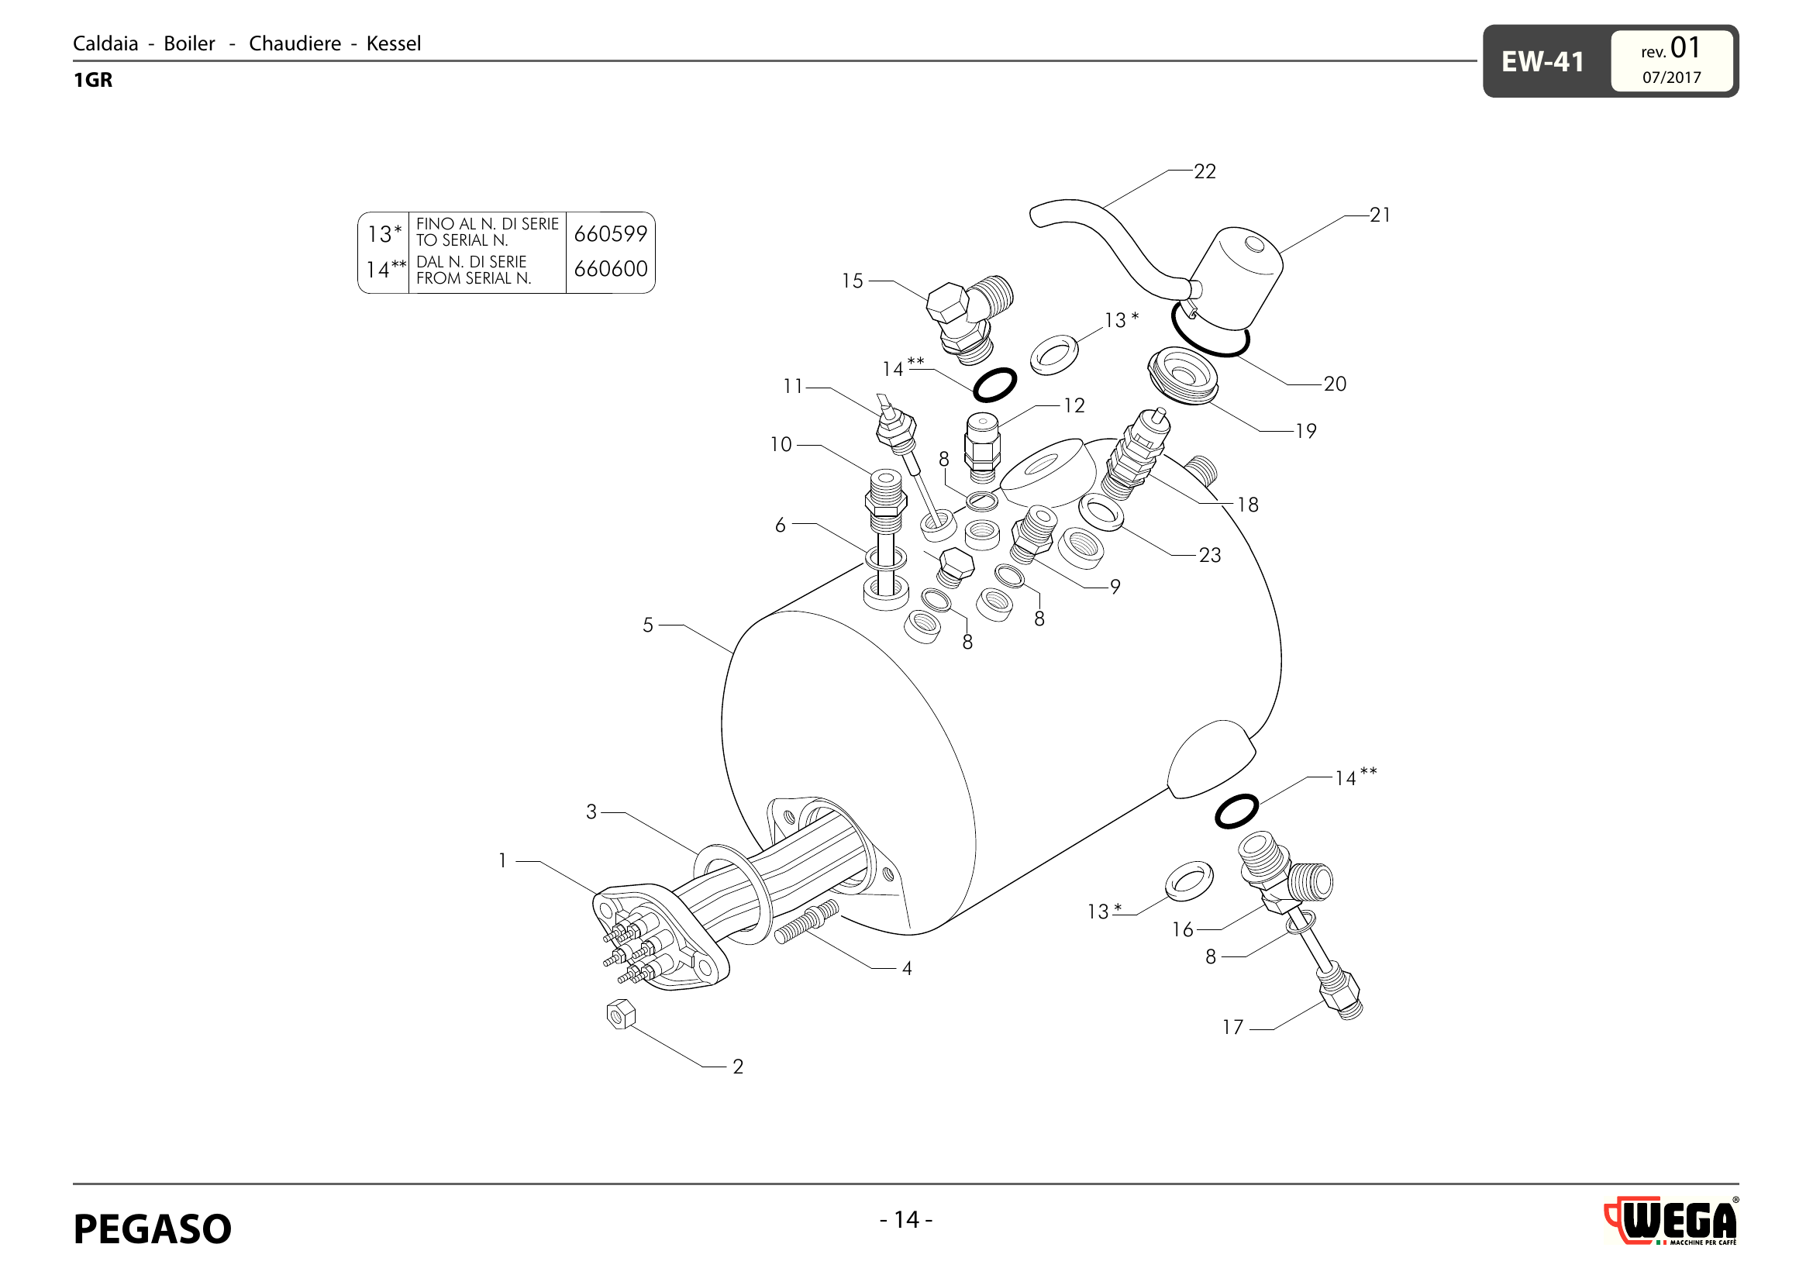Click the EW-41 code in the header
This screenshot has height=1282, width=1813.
tap(1542, 61)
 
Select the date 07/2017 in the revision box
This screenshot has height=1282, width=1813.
tap(1671, 78)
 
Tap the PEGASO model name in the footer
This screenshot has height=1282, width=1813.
tap(153, 1229)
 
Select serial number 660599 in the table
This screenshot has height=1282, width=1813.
tap(610, 233)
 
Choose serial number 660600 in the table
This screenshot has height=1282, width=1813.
tap(610, 269)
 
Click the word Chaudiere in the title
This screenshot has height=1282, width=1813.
tap(295, 43)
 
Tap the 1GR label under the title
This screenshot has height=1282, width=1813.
tap(93, 80)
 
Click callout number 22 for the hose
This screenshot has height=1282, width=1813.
tap(1205, 171)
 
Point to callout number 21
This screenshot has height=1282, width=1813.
tap(1380, 215)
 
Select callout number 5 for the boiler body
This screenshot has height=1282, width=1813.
tap(647, 625)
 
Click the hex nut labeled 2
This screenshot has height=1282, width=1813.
tap(621, 1015)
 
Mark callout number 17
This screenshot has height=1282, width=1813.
tap(1232, 1027)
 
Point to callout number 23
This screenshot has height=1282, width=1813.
tap(1210, 555)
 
